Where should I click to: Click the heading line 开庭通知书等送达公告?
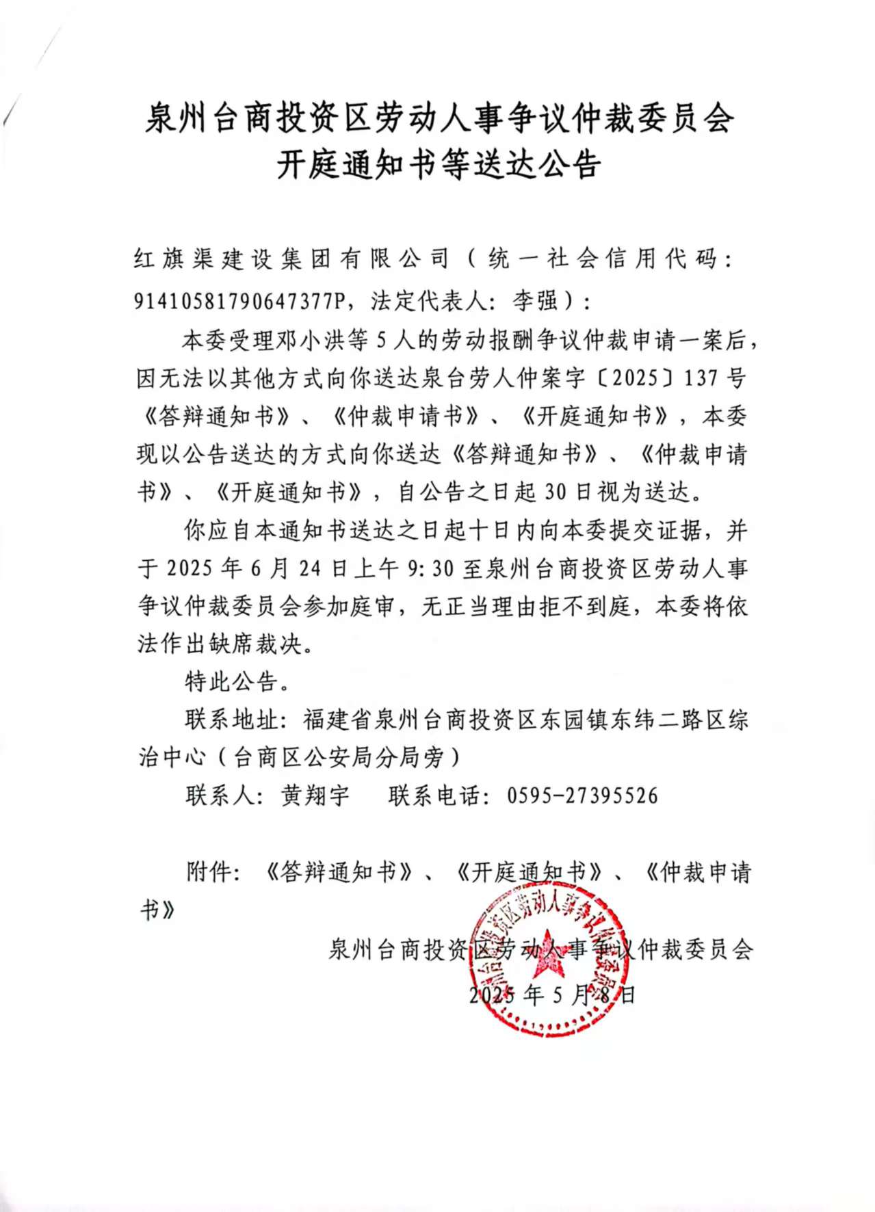439,164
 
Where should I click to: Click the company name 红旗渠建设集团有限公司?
291,259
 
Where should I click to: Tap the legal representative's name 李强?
536,300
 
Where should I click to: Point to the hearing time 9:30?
430,568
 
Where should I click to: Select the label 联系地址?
231,720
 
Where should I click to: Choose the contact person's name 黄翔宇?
315,795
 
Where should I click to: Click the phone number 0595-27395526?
582,795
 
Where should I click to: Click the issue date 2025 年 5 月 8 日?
551,994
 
